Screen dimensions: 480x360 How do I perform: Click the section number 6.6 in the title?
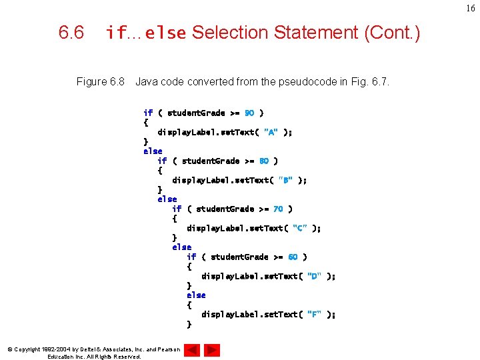[71, 33]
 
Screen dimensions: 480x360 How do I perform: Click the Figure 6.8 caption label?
[101, 82]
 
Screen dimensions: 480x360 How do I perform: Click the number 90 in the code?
[249, 113]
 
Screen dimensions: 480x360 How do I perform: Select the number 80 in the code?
[264, 161]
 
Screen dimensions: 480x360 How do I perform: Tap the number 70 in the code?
[278, 209]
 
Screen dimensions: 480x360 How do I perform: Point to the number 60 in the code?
[293, 257]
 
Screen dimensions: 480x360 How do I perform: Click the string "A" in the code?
[271, 132]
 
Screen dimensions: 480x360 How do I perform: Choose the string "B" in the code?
[286, 180]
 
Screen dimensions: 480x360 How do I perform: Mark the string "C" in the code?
[300, 228]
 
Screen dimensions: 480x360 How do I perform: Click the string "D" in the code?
[315, 276]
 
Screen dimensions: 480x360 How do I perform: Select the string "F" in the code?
[315, 314]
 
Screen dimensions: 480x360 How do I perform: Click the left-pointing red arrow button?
[192, 349]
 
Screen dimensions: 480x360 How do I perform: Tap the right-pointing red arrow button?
[212, 349]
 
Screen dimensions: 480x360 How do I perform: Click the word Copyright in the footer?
[27, 349]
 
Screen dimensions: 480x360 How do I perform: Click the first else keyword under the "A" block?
[153, 151]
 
